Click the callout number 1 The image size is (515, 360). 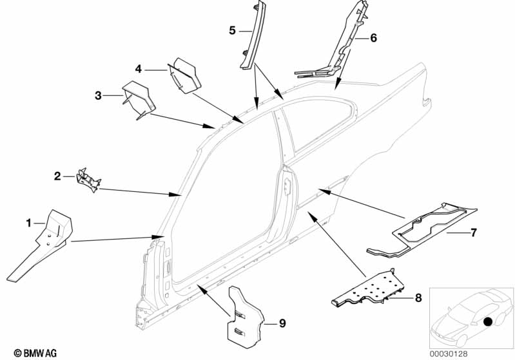click(28, 223)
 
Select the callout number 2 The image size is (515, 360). click(57, 176)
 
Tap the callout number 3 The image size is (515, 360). click(98, 96)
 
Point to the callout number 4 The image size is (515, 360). click(138, 69)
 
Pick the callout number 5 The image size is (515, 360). click(232, 30)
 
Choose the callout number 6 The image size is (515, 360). click(373, 38)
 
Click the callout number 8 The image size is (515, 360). click(418, 298)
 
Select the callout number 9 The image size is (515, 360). click(281, 323)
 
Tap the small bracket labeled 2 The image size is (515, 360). click(88, 179)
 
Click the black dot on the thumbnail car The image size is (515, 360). click(488, 321)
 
